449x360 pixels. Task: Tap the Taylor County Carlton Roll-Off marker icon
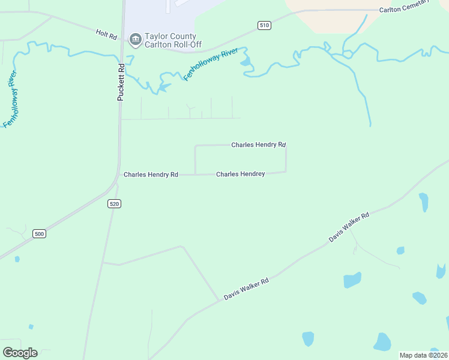135,40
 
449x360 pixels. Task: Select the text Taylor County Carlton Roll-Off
170,40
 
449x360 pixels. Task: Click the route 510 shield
264,25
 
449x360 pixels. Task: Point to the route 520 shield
115,204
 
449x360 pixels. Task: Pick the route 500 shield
40,234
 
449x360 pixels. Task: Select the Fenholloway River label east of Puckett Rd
208,65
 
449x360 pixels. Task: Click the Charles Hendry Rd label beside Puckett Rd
151,175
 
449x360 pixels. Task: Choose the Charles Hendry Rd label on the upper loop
259,145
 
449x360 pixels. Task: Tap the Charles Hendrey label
240,174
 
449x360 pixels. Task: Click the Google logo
20,352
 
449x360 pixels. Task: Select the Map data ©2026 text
423,355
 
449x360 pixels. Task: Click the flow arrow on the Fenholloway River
163,88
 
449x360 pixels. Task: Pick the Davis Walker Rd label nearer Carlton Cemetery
349,227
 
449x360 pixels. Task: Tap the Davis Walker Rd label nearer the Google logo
246,289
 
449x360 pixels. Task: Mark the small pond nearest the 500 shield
17,259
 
